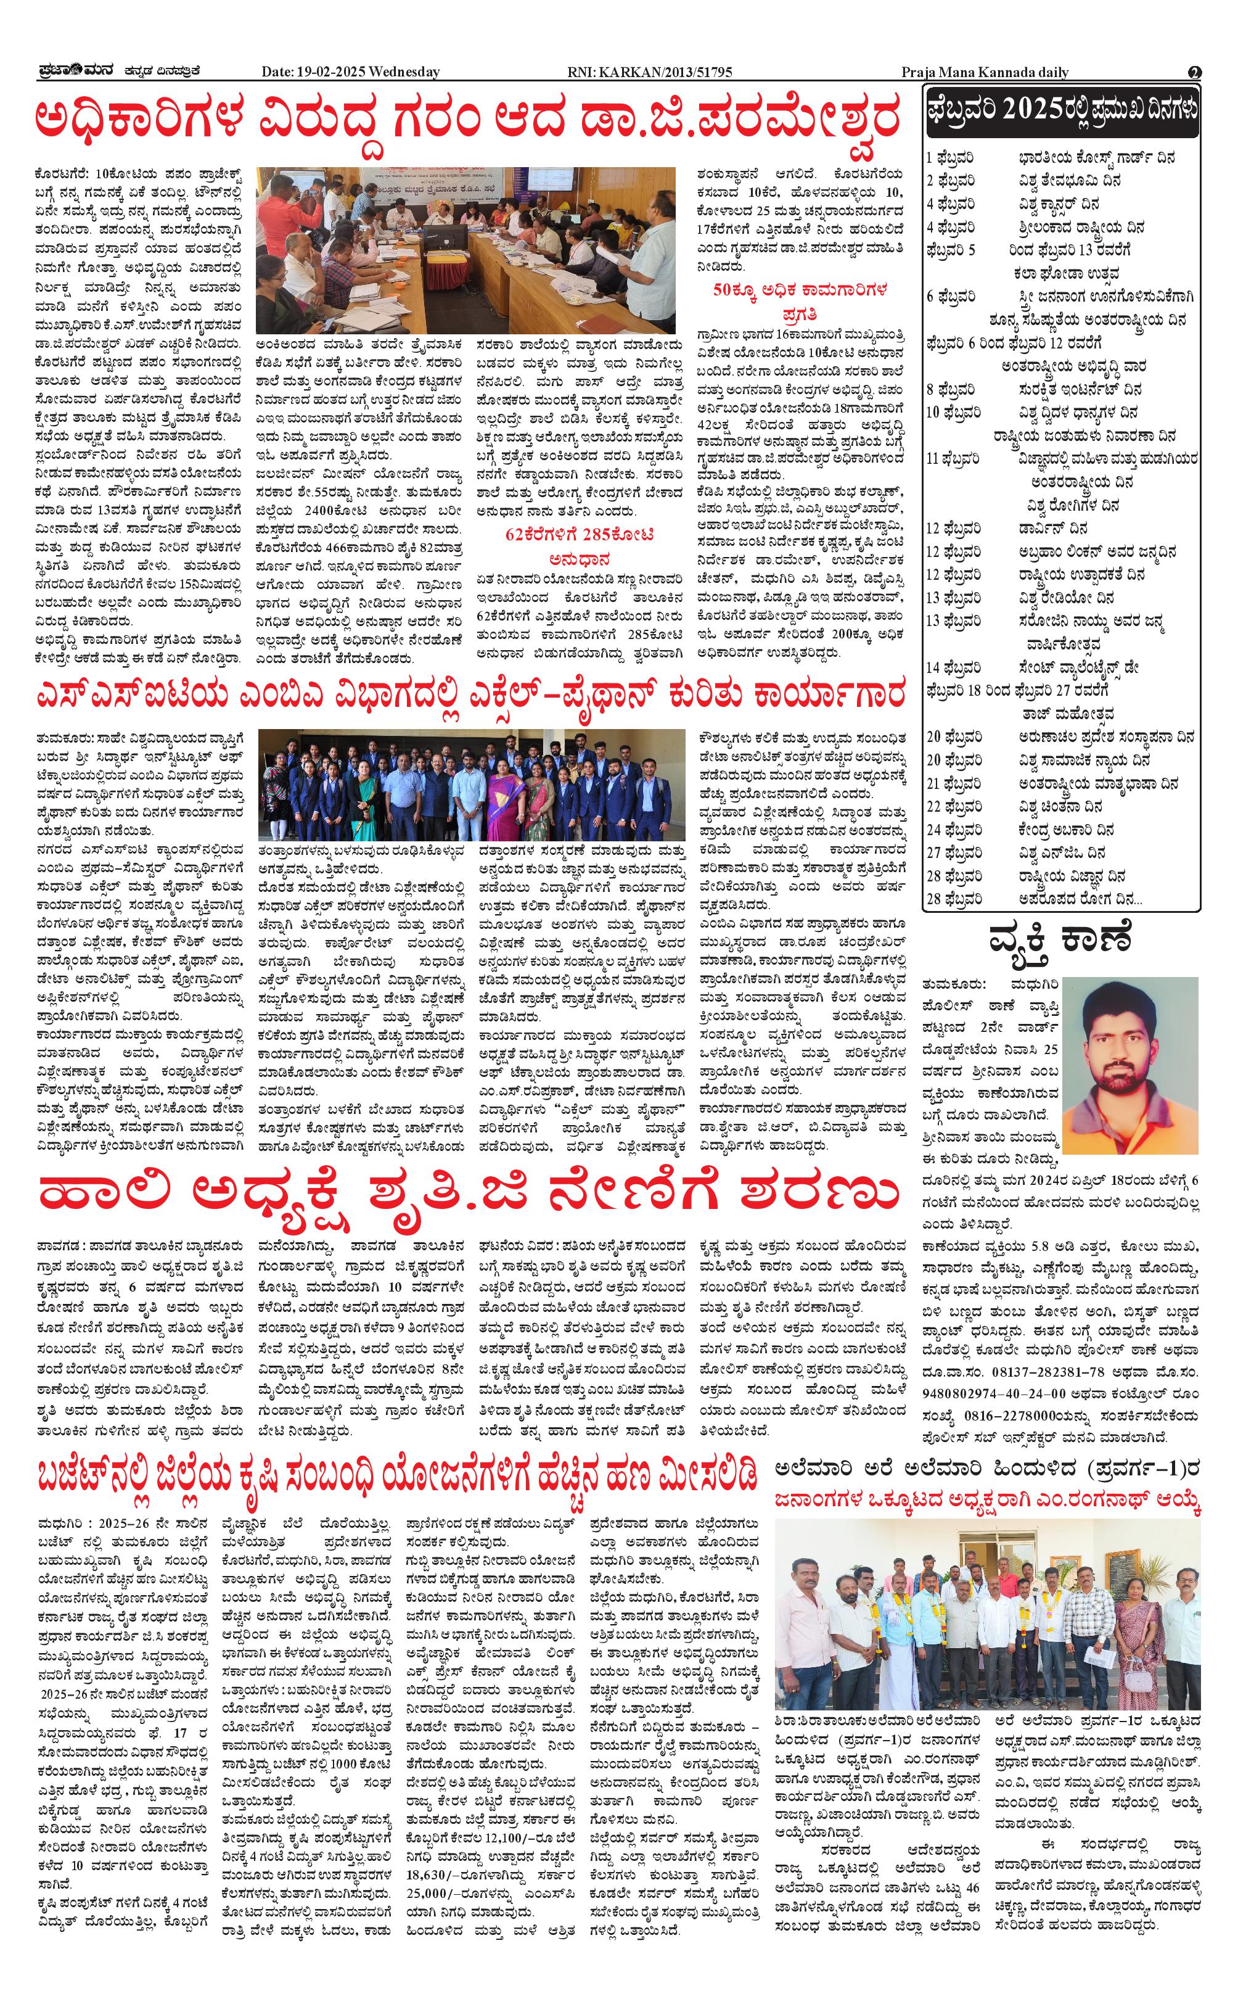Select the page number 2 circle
[x=1195, y=72]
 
